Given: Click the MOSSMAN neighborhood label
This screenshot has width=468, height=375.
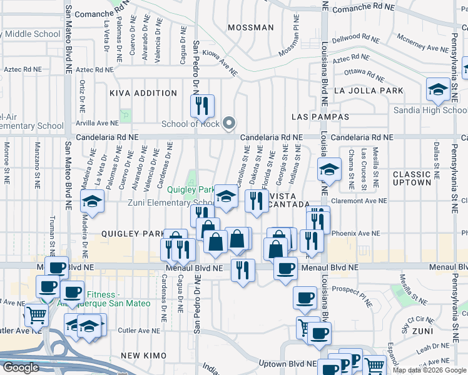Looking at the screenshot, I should (x=250, y=27).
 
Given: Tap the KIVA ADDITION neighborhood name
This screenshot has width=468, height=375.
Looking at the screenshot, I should (x=143, y=93).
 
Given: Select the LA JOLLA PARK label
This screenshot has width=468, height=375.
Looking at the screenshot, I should (x=369, y=91).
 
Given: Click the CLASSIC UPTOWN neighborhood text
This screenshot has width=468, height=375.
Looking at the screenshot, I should (x=412, y=177).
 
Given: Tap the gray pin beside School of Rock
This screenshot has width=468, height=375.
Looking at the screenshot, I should (x=229, y=123).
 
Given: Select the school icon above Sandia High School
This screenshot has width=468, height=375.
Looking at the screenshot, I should (x=437, y=89).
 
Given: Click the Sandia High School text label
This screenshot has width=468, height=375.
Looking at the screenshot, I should (x=430, y=111).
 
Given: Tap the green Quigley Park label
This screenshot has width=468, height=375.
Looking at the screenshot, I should (x=195, y=189).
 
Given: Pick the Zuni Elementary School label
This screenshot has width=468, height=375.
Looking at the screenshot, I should (x=163, y=202).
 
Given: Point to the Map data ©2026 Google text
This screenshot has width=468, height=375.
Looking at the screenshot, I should (x=429, y=370).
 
